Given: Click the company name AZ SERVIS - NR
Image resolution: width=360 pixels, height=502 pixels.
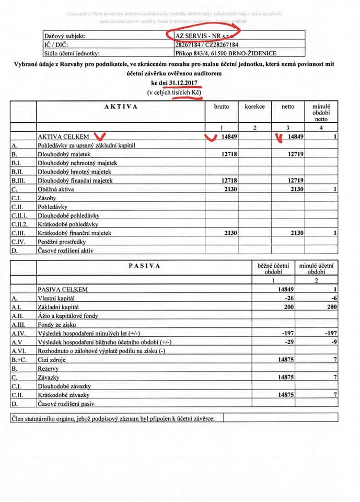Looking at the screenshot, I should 203,36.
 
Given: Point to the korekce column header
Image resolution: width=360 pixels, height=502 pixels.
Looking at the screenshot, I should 254,106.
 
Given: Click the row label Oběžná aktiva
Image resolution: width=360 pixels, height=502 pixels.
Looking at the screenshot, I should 56,189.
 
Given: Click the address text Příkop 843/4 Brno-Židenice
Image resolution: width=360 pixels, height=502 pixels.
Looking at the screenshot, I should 226,53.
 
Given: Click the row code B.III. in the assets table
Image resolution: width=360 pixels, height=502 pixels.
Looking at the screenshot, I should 18,180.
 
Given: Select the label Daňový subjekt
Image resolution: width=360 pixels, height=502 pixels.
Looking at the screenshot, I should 65,36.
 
